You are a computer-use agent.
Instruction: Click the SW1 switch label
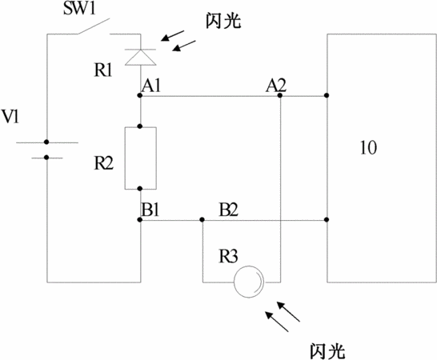click(79, 8)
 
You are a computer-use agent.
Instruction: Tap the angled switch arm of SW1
click(94, 26)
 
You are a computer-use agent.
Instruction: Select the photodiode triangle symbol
click(140, 58)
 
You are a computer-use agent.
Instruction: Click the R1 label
click(102, 70)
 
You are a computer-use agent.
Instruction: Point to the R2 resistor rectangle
click(141, 158)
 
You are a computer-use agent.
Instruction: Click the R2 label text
click(103, 163)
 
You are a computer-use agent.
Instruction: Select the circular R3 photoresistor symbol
click(249, 282)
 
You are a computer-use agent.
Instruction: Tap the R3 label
click(228, 256)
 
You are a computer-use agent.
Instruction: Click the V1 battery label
click(10, 116)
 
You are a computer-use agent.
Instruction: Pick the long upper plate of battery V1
click(47, 142)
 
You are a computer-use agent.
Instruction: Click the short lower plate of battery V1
click(46, 158)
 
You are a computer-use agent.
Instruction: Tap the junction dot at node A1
click(140, 95)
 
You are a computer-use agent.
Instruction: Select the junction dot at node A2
click(280, 95)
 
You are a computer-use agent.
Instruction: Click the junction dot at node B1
click(140, 220)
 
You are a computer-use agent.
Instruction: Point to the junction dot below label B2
click(202, 220)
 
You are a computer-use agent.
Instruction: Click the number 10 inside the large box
click(368, 148)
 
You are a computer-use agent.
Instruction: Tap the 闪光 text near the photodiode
click(223, 20)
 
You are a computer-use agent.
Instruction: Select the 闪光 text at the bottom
click(327, 351)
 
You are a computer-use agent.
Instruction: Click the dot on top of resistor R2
click(140, 126)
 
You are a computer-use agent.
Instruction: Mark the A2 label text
click(276, 86)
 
